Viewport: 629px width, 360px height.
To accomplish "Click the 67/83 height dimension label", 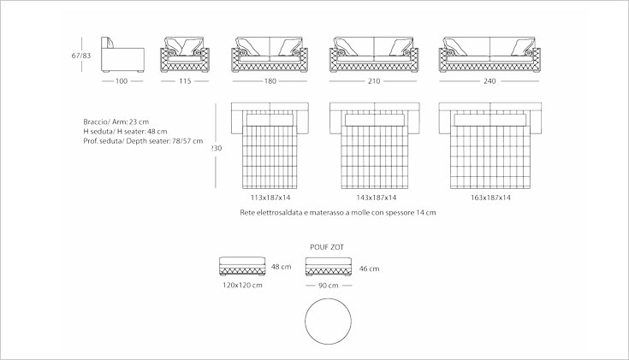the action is pyautogui.click(x=81, y=56).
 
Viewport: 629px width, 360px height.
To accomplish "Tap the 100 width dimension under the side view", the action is pyautogui.click(x=122, y=81).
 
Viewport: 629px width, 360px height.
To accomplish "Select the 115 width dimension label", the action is pyautogui.click(x=185, y=81).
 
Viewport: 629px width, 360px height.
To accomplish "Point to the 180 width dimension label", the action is pyautogui.click(x=270, y=81).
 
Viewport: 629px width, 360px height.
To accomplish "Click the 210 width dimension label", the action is pyautogui.click(x=374, y=81).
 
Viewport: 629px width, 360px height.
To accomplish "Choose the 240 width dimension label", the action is pyautogui.click(x=490, y=81).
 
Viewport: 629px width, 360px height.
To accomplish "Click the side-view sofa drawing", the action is pyautogui.click(x=122, y=55).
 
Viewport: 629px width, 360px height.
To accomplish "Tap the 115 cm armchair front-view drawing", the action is pyautogui.click(x=185, y=55).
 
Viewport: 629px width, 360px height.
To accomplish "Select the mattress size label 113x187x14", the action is pyautogui.click(x=270, y=198).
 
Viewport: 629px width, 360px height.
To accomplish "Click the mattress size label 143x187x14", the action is pyautogui.click(x=377, y=198).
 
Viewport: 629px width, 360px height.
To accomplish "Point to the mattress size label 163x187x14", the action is pyautogui.click(x=490, y=198).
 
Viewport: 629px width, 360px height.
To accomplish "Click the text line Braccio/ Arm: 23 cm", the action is pyautogui.click(x=116, y=122).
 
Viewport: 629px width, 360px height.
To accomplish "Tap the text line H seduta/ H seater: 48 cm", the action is pyautogui.click(x=125, y=132).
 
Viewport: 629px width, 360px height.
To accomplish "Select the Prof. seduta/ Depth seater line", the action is pyautogui.click(x=143, y=141).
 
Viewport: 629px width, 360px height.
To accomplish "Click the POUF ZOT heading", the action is pyautogui.click(x=327, y=247).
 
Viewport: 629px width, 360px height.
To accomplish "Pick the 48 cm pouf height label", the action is pyautogui.click(x=282, y=267).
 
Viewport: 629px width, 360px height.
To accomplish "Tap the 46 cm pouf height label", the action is pyautogui.click(x=369, y=269).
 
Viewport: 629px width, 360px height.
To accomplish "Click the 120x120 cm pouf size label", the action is pyautogui.click(x=242, y=285).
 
